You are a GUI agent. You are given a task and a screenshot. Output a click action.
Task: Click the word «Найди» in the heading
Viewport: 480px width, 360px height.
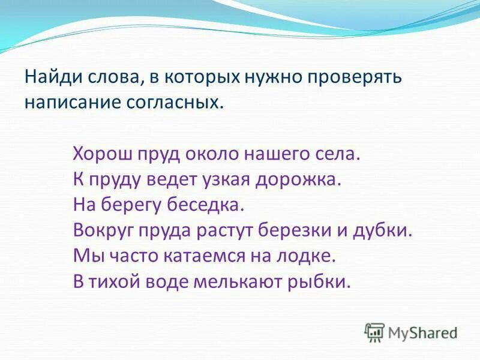tap(51, 78)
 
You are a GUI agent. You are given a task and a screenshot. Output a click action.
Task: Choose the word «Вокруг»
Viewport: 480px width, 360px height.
tap(103, 230)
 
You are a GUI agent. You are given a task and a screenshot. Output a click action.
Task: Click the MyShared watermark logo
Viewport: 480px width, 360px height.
tap(412, 332)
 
